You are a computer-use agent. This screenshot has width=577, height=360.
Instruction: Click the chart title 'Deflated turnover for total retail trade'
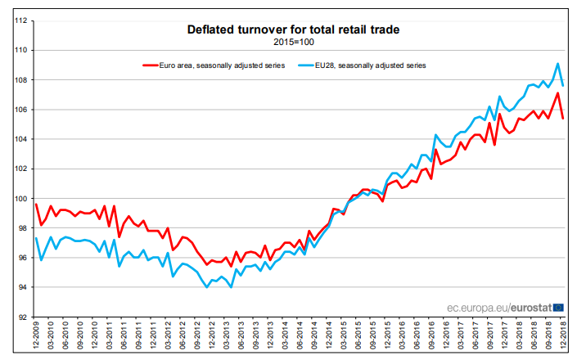point(293,30)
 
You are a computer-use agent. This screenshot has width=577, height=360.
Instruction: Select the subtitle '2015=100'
point(293,41)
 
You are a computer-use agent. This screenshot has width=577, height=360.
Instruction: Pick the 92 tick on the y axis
point(24,317)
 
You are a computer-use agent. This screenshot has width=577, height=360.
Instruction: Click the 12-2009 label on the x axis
point(36,337)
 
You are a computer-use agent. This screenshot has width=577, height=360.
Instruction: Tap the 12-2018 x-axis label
point(564,337)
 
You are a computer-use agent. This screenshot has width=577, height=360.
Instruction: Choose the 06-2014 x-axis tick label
point(300,337)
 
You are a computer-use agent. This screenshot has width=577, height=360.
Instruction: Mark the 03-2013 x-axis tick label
point(227,337)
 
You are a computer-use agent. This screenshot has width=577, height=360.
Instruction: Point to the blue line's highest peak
point(557,64)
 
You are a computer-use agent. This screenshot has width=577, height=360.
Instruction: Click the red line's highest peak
point(557,92)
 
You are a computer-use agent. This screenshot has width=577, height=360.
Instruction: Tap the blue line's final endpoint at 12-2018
point(563,85)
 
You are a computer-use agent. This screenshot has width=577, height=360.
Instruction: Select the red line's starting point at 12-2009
point(36,204)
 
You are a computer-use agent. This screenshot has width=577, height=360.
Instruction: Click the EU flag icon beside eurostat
point(558,308)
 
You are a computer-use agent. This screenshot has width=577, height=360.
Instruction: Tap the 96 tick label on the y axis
point(24,258)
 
